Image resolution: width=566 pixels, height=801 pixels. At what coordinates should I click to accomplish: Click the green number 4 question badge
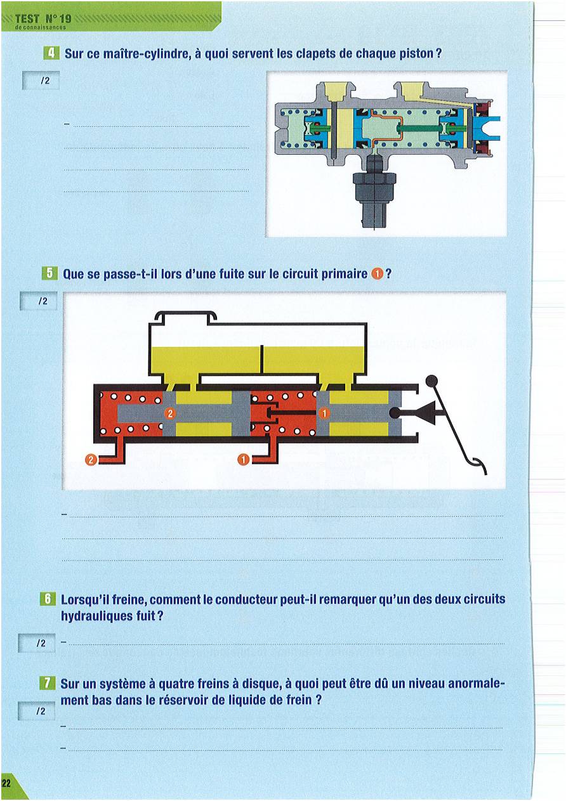(51, 53)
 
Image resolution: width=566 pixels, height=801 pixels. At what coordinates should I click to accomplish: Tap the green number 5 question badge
(49, 273)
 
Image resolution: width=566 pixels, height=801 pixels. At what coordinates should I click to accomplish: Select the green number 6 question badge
(48, 599)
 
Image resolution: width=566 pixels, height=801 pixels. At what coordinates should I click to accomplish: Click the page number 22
(6, 783)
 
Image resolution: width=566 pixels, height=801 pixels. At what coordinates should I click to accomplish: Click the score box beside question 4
(41, 81)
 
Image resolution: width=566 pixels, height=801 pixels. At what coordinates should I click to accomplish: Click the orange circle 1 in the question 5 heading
(377, 274)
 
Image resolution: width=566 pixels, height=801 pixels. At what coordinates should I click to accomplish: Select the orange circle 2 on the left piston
(170, 414)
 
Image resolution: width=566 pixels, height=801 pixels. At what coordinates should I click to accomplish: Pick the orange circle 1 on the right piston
(324, 414)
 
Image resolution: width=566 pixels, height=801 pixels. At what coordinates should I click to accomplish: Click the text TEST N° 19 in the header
(43, 18)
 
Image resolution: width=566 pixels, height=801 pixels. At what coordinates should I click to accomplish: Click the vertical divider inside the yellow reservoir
(262, 360)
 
